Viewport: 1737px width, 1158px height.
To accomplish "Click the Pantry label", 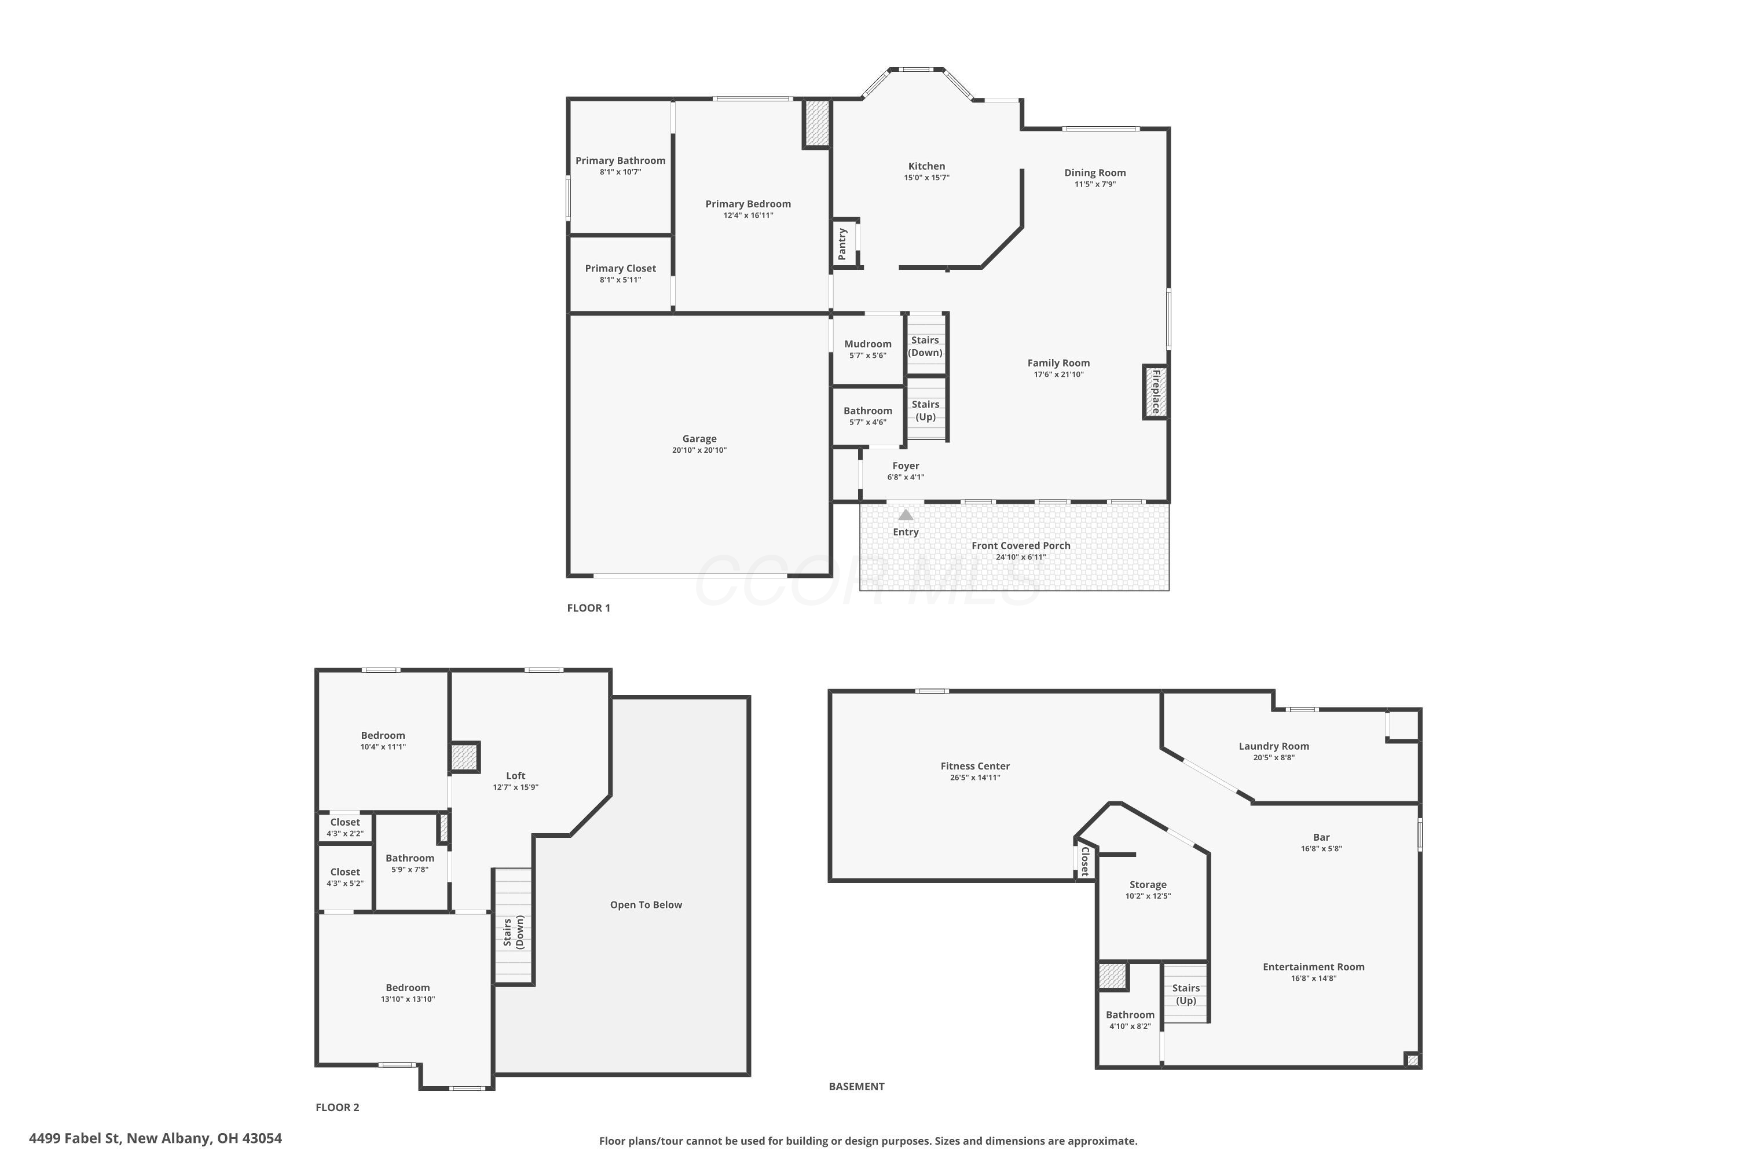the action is point(842,244).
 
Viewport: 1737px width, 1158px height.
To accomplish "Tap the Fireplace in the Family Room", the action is point(1156,392).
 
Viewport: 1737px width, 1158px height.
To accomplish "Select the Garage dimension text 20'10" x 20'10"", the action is point(699,450).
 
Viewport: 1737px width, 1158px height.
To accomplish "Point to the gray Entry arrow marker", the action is point(906,514).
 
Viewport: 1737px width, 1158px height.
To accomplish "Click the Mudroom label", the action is point(868,343).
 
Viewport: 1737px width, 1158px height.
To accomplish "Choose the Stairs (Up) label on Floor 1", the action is point(925,411).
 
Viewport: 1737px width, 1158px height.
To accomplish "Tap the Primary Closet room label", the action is point(620,268).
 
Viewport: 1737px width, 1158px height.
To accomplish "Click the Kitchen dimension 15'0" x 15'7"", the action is point(927,177).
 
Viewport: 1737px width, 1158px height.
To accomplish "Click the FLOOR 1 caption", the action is point(589,608).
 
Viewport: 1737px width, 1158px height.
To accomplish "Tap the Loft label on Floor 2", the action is point(515,775).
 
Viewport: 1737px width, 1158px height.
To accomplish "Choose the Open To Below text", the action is point(646,904).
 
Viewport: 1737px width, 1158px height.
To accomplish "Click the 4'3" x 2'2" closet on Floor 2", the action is point(345,827).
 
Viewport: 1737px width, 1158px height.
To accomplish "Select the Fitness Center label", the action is point(975,766).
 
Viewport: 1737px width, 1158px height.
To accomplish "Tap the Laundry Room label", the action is point(1274,746).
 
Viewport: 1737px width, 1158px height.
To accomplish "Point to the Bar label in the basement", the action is point(1321,837).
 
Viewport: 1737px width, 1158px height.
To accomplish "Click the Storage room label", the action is point(1148,885).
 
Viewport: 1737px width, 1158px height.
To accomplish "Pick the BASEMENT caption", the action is point(857,1086).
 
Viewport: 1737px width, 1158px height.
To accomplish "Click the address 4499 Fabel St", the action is point(75,1138).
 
